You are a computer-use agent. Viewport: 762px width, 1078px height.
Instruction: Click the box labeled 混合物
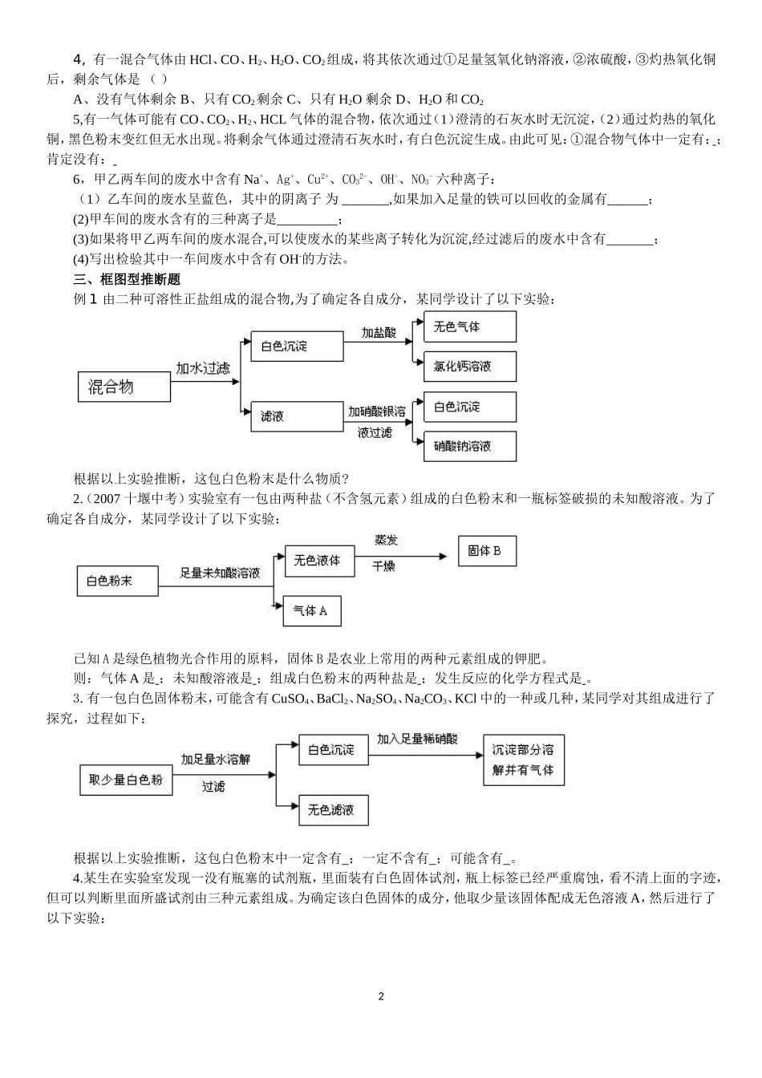pyautogui.click(x=124, y=387)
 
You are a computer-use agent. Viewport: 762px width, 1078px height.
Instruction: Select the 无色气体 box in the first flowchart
pyautogui.click(x=469, y=327)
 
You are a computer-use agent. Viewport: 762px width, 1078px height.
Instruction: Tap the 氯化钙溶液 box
pyautogui.click(x=469, y=367)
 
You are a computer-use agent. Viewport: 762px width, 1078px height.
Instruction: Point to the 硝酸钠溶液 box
pyautogui.click(x=469, y=446)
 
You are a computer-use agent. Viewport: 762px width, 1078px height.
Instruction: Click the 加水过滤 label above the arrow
pyautogui.click(x=203, y=368)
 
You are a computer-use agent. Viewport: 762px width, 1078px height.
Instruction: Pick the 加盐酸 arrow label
pyautogui.click(x=378, y=332)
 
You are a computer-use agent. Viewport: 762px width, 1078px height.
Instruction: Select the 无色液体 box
pyautogui.click(x=317, y=561)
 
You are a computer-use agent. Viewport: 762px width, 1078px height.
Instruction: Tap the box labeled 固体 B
pyautogui.click(x=485, y=551)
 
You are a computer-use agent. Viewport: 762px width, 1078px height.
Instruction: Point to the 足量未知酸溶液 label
pyautogui.click(x=220, y=573)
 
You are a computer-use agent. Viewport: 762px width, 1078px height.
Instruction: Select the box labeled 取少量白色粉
pyautogui.click(x=126, y=779)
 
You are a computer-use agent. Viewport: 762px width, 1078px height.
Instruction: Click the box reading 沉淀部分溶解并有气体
pyautogui.click(x=524, y=759)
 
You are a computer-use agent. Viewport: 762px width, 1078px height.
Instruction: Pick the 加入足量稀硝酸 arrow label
pyautogui.click(x=417, y=739)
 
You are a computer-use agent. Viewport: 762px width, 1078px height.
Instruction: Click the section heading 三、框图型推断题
pyautogui.click(x=127, y=279)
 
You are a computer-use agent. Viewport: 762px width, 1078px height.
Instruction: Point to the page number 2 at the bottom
pyautogui.click(x=381, y=996)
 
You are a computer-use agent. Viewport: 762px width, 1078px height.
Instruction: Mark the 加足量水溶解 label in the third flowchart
pyautogui.click(x=216, y=760)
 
